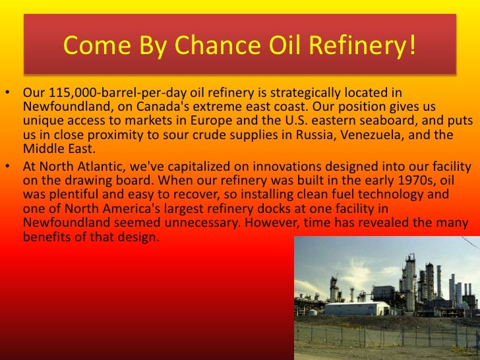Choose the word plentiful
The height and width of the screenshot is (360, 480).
pyautogui.click(x=75, y=192)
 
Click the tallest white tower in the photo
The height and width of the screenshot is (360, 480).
pyautogui.click(x=409, y=280)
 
